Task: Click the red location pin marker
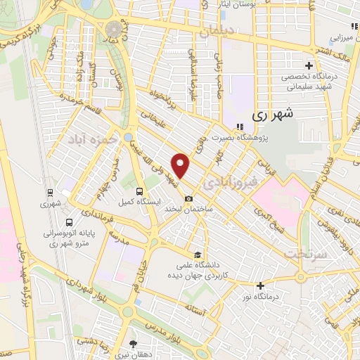tap(181, 165)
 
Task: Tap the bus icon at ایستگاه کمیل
tap(139, 191)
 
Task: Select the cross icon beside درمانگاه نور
tap(260, 285)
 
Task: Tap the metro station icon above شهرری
tap(51, 191)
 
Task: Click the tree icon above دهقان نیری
tap(134, 343)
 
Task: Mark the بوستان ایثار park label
tap(236, 4)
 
